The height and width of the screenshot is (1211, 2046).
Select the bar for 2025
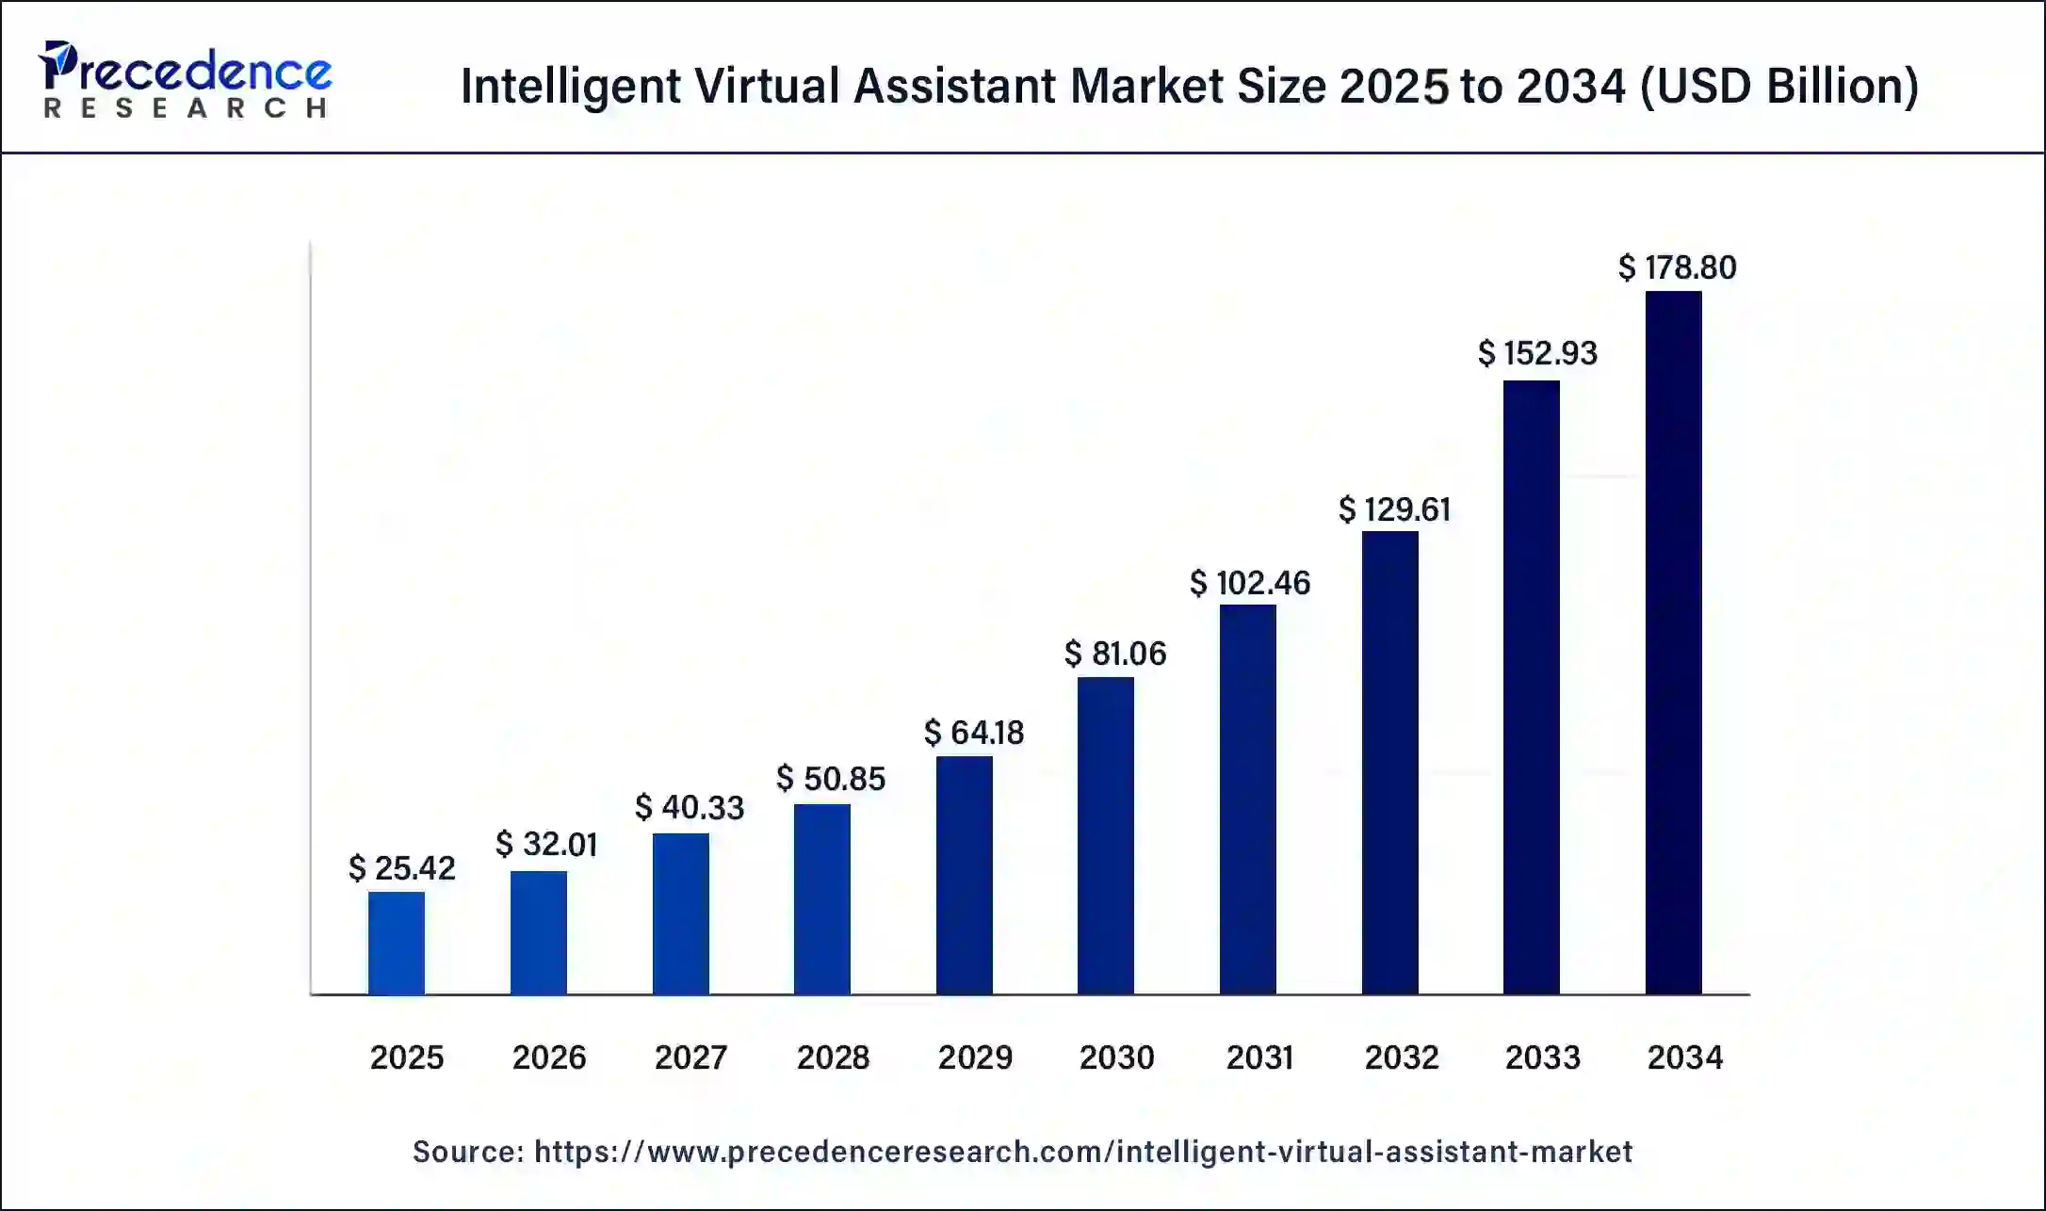tap(397, 943)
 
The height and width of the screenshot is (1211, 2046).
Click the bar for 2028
tap(822, 899)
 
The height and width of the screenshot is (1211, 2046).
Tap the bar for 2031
tap(1248, 799)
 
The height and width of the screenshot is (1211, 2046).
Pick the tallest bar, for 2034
tap(1674, 643)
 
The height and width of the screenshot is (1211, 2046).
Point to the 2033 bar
tap(1532, 687)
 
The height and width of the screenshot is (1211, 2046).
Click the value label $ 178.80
tap(1677, 268)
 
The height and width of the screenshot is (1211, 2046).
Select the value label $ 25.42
tap(402, 868)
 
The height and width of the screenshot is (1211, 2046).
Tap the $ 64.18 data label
tap(974, 733)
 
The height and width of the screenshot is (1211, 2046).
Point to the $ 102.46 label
tap(1250, 584)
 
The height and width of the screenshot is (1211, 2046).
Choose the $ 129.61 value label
tap(1394, 510)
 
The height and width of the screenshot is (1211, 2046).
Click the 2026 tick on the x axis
tap(549, 1058)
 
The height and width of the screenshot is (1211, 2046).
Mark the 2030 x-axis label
tap(1117, 1058)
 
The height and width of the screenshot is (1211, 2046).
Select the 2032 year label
tap(1402, 1058)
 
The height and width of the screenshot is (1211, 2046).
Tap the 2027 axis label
tap(690, 1058)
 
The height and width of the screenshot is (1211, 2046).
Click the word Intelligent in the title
tap(571, 87)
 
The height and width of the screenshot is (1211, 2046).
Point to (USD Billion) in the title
tap(1779, 87)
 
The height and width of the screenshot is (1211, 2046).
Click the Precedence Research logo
tap(186, 80)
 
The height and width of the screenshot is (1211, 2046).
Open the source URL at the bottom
tap(1083, 1152)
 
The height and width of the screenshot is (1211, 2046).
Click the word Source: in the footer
tap(468, 1152)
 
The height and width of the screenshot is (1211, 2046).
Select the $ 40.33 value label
tap(690, 808)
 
